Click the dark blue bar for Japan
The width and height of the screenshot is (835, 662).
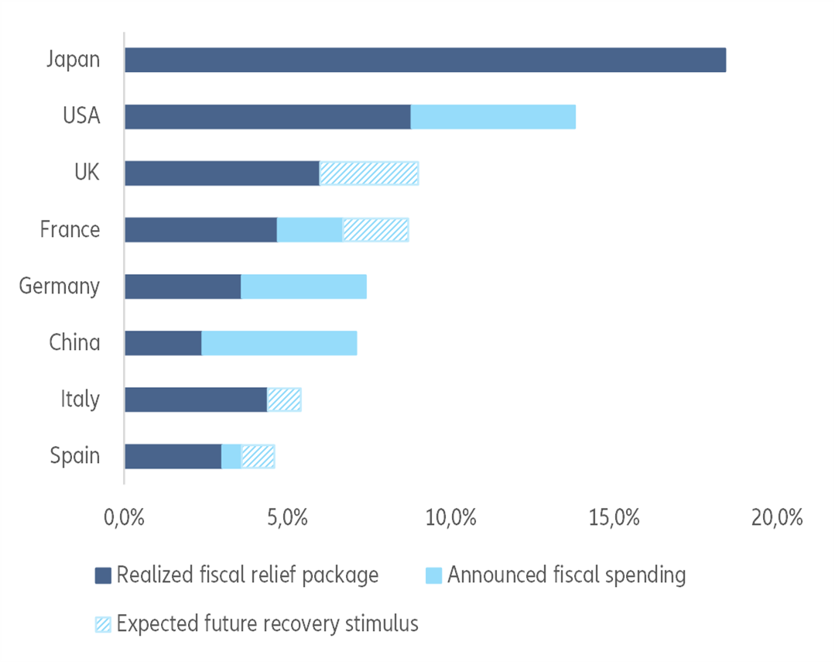pos(425,60)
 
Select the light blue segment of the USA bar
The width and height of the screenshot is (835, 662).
pos(493,117)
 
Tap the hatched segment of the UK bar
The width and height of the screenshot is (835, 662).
pos(369,173)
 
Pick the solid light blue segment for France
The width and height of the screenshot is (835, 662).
pos(310,230)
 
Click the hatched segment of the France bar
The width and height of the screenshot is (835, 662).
pos(375,230)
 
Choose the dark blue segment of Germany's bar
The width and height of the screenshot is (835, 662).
pos(183,286)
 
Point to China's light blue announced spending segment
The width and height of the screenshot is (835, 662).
pos(279,343)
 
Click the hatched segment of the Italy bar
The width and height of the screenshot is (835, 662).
pos(284,400)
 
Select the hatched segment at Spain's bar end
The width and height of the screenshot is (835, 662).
pos(258,456)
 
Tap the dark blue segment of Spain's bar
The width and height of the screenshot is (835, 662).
pos(173,456)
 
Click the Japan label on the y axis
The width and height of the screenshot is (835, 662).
pos(73,60)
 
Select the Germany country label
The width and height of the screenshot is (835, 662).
pos(60,286)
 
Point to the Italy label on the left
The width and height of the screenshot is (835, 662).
pos(80,400)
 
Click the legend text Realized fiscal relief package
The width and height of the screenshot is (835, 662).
pos(247,575)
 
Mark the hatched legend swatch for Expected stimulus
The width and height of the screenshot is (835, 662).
pos(103,624)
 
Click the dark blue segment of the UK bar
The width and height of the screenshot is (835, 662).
pos(222,173)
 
